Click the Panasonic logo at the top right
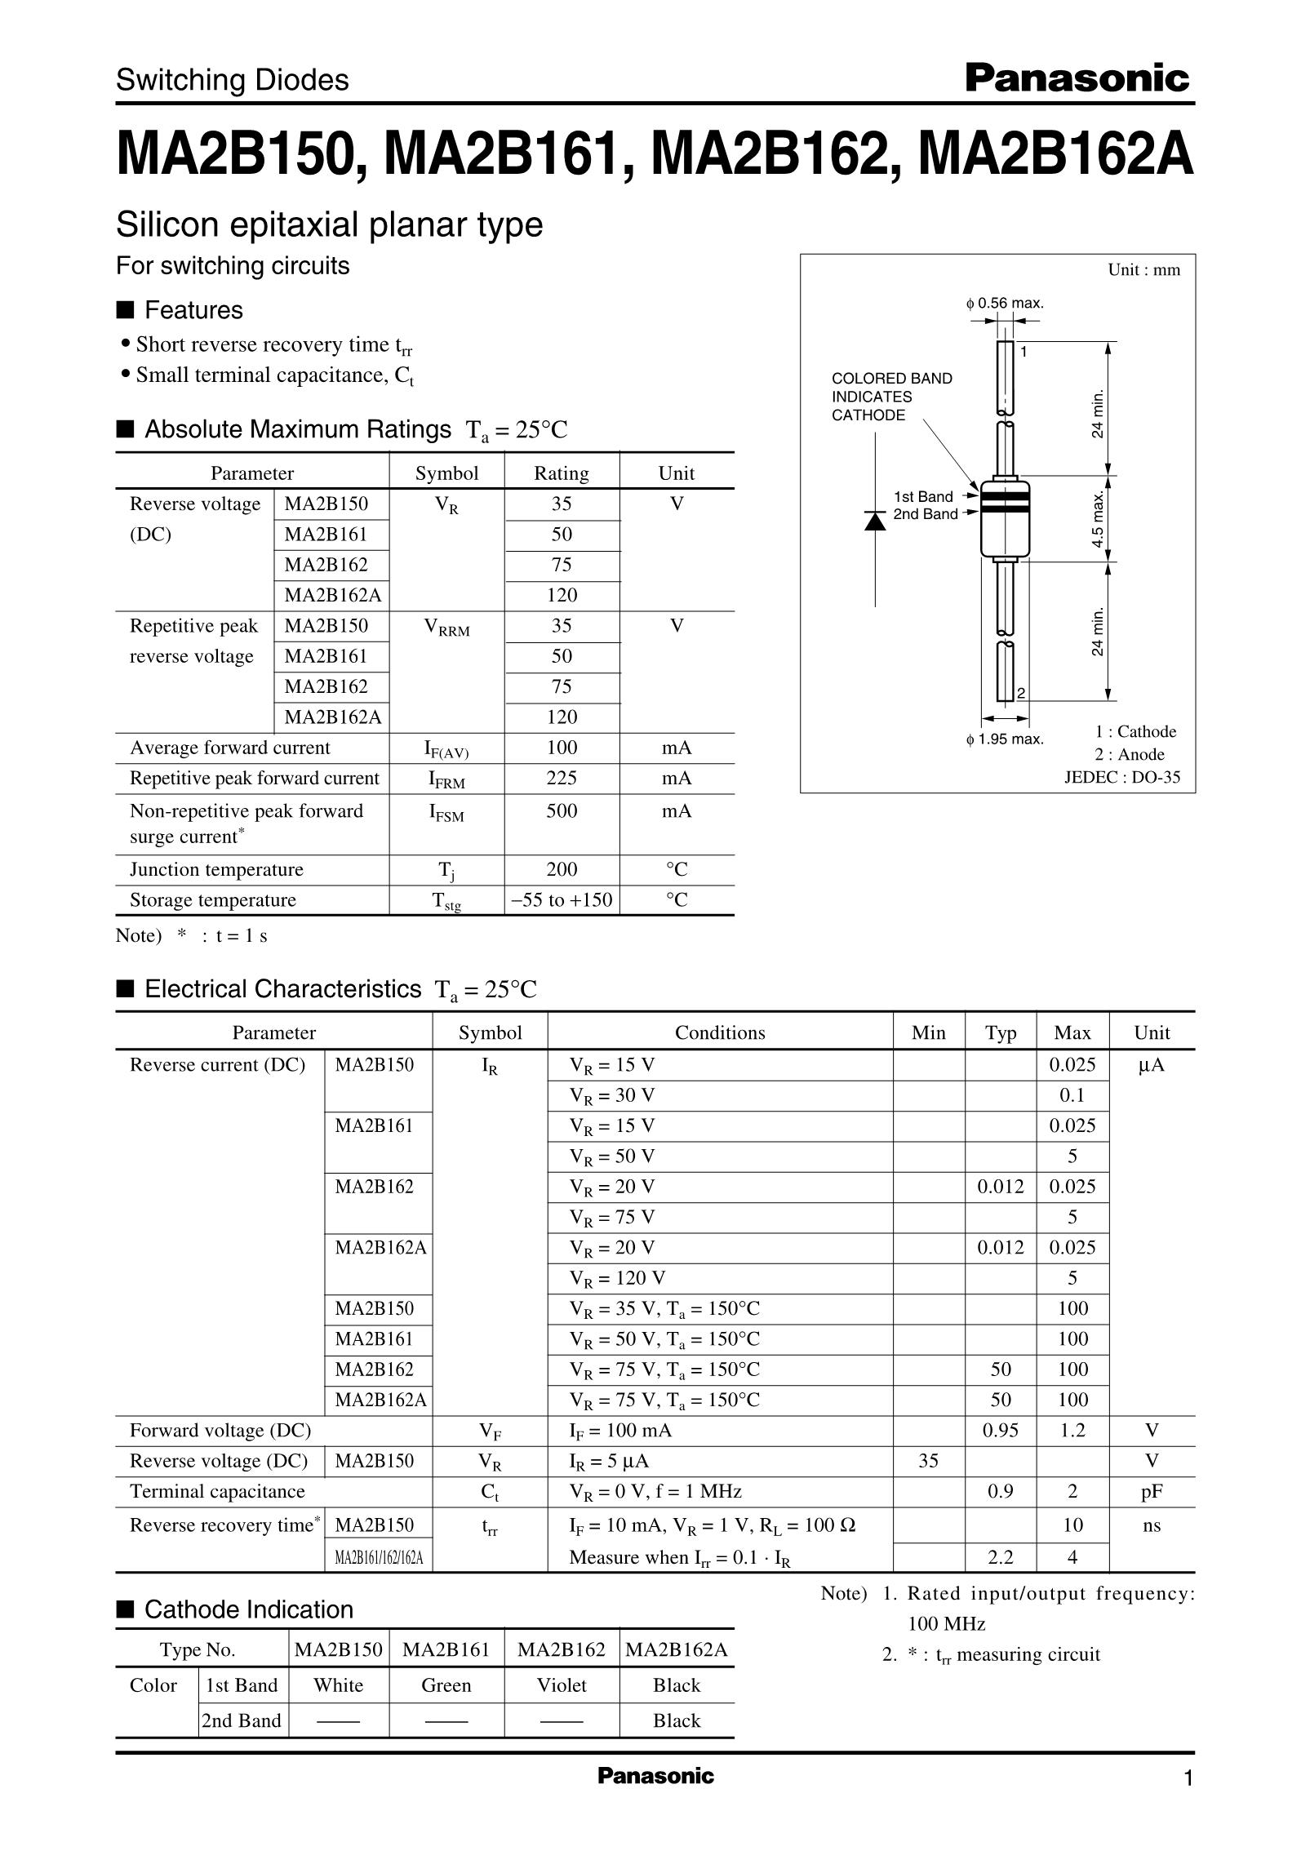(x=1077, y=79)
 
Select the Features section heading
(x=193, y=310)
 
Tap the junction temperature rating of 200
(x=562, y=870)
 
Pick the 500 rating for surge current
(x=562, y=811)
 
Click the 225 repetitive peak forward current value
(x=562, y=779)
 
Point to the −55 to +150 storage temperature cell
(x=562, y=900)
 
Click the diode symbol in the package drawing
(x=875, y=520)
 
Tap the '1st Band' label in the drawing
(x=923, y=497)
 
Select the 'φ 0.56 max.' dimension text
(x=1005, y=304)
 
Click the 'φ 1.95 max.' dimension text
(x=1005, y=739)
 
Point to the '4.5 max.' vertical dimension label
(x=1099, y=519)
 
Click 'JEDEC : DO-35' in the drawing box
(x=1121, y=777)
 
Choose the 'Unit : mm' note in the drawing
(x=1143, y=270)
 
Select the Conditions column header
(x=720, y=1033)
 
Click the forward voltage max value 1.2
(x=1072, y=1431)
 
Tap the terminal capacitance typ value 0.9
(x=1000, y=1492)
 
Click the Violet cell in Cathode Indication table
(x=562, y=1685)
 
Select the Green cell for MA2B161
(x=446, y=1685)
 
